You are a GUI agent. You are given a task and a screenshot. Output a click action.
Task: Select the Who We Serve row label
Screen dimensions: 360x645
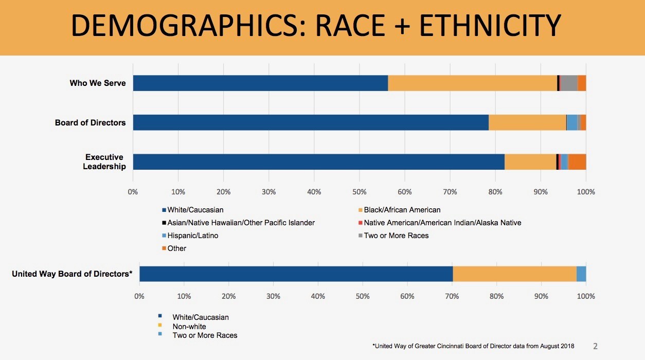98,83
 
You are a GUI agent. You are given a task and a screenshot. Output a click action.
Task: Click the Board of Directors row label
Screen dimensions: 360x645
91,122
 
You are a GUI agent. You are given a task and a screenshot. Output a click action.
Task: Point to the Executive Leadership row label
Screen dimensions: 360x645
105,161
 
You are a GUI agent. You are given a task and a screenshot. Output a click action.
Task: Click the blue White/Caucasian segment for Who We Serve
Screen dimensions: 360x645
260,83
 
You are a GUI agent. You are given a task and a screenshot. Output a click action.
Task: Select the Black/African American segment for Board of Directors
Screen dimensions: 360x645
527,122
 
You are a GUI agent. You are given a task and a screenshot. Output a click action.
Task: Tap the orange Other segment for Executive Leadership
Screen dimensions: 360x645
578,161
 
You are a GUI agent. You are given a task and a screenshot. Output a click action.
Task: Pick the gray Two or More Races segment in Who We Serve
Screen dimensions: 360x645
568,83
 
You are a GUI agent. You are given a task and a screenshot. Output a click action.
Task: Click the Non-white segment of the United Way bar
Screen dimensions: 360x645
514,274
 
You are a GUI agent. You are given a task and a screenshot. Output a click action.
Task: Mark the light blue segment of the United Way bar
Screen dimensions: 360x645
581,274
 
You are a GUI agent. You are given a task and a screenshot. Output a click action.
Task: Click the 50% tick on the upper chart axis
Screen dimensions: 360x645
359,192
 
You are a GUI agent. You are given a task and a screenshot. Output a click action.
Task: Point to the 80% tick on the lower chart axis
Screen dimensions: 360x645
496,296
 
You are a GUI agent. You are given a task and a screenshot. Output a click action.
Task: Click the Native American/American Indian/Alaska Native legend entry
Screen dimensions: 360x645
442,223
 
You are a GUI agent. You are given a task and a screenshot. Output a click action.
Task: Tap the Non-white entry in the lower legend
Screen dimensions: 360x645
189,327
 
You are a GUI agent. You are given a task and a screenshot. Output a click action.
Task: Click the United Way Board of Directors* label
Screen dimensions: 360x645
72,274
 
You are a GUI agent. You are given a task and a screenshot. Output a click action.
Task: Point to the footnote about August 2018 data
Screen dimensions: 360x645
473,346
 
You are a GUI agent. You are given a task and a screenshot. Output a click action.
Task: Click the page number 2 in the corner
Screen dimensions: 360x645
595,346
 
